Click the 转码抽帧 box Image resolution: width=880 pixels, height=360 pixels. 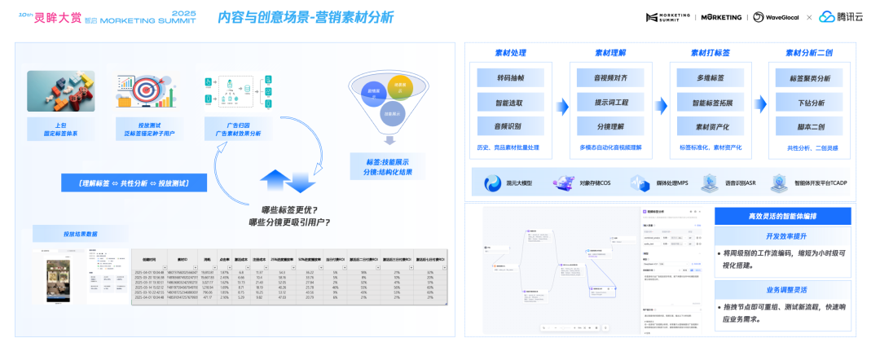[509, 80]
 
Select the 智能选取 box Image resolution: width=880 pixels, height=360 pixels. [509, 103]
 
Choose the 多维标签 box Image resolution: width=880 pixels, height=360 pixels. [711, 80]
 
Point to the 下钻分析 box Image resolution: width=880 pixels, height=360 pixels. [812, 103]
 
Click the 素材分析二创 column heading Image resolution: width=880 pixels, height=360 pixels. [812, 53]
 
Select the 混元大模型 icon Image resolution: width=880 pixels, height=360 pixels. [493, 183]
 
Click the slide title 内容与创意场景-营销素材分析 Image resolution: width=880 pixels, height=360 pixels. [306, 16]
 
